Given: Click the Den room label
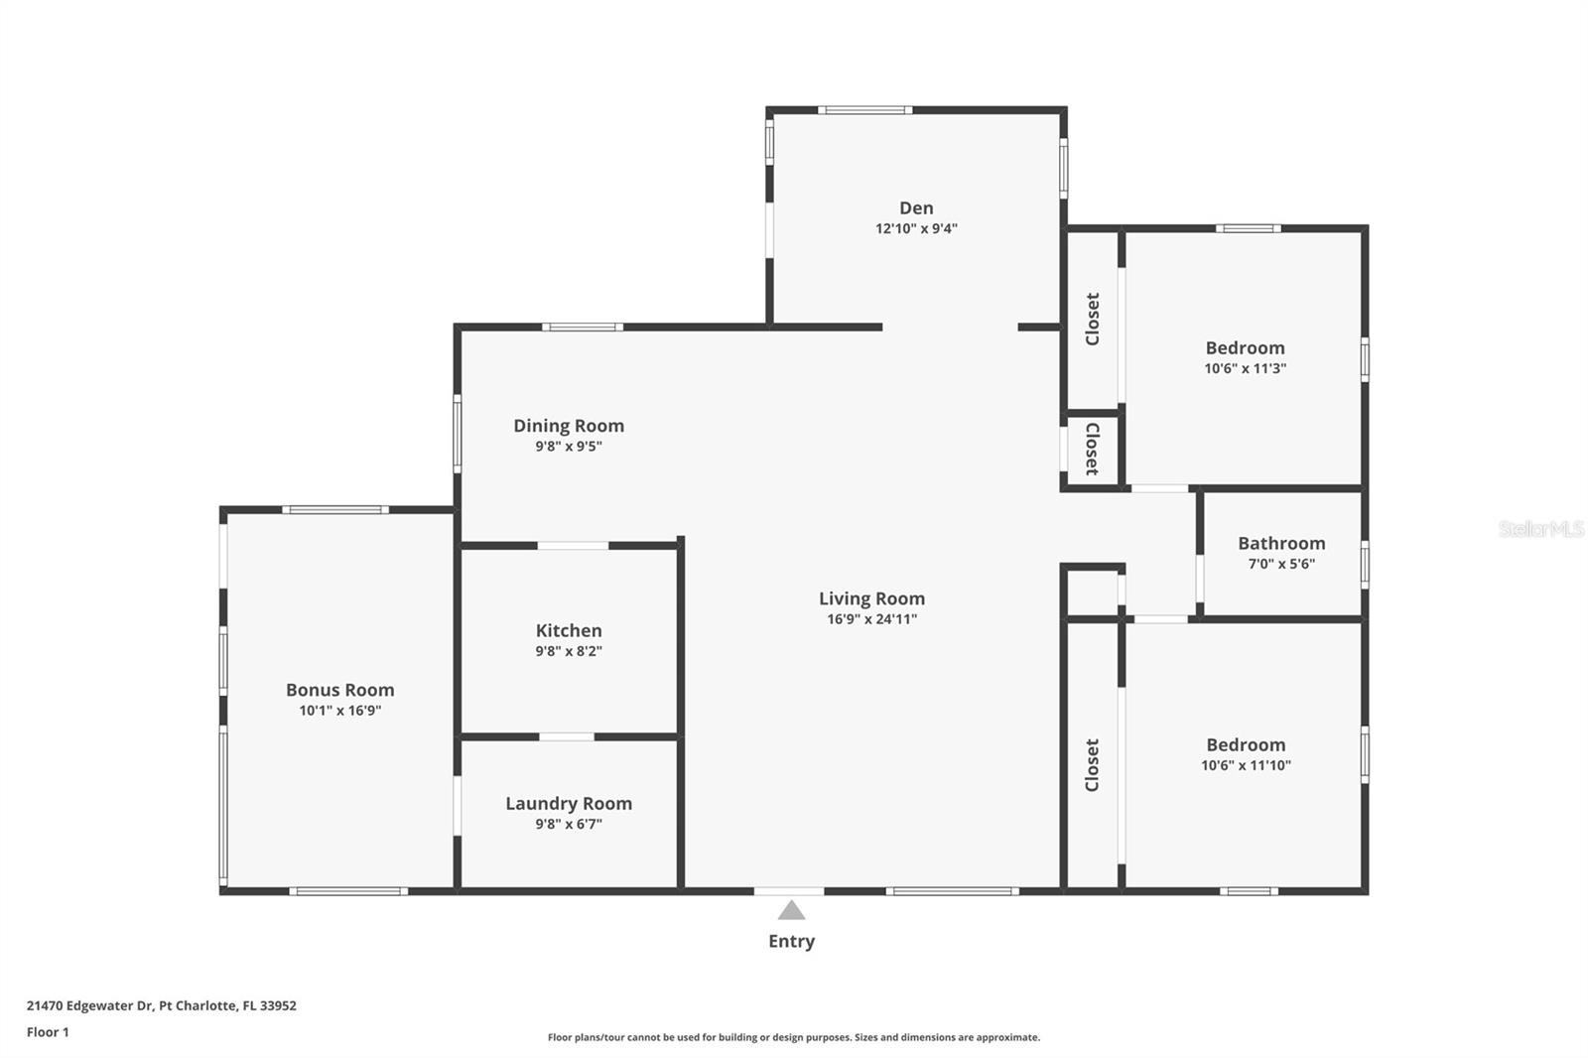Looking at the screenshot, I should pos(916,207).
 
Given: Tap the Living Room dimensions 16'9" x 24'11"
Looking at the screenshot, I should pos(871,619).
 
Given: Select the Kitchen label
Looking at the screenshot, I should pos(569,630).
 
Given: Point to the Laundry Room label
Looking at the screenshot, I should pos(569,803).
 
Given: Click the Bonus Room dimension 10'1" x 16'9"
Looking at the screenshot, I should pos(340,711).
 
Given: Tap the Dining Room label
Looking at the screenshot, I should pos(569,425).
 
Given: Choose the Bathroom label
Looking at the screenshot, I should pos(1281,543).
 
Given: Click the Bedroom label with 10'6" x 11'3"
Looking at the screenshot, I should pos(1245,347).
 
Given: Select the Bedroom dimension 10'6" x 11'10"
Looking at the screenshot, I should pos(1246,765).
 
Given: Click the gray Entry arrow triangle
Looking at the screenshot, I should pos(791,910).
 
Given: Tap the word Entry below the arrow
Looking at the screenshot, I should pos(791,941).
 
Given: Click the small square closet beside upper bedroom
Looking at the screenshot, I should pos(1092,449).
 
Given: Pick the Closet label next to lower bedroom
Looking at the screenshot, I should pos(1092,764).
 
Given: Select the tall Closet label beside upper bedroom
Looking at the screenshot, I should pos(1092,319).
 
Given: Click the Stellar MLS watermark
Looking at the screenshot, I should pos(1540,529).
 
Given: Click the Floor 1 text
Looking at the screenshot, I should pos(48,1032).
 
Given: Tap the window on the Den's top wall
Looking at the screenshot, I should pos(864,109).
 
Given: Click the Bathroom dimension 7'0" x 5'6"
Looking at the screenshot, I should pos(1281,564).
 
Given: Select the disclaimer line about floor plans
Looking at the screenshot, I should pos(794,1037).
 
